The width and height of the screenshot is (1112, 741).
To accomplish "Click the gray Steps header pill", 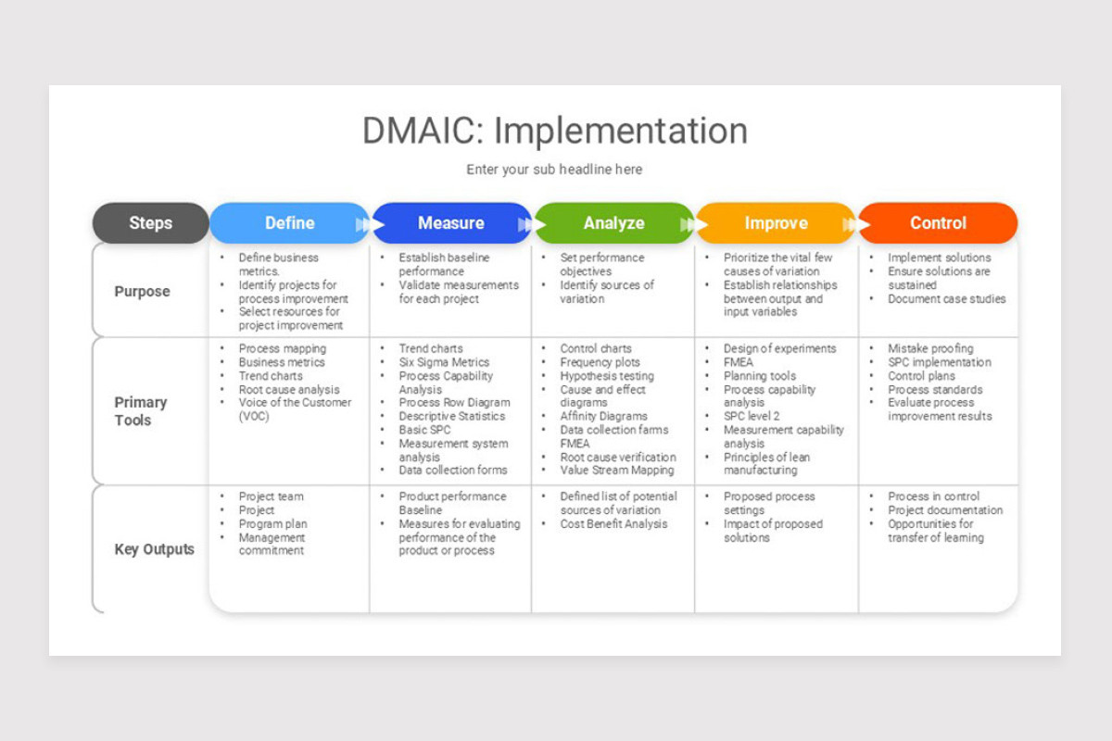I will (150, 223).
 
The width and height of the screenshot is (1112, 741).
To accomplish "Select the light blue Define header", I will (289, 223).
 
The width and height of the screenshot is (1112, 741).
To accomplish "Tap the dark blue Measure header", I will (450, 223).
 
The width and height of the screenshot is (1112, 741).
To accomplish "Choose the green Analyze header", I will (613, 223).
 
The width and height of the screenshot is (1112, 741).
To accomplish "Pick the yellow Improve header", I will (776, 223).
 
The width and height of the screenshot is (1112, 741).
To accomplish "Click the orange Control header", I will (938, 223).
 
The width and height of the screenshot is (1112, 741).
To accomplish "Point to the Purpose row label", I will (142, 291).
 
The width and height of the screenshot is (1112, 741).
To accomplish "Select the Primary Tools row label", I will (141, 411).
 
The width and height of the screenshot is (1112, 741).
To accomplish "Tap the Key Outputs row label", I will (154, 549).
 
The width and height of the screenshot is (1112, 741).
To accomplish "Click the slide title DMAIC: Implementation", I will (554, 131).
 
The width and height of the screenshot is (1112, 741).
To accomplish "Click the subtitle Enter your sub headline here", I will (554, 170).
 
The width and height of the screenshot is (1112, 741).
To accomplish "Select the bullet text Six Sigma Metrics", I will (444, 362).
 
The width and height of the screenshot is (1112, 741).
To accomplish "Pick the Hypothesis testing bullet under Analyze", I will (606, 376).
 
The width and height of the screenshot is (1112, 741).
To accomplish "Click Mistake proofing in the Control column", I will (930, 348).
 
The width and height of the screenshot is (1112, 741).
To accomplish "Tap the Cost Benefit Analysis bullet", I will (613, 523).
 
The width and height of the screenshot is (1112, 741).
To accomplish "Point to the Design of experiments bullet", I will (779, 348).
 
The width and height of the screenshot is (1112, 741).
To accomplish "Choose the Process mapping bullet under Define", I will (282, 348).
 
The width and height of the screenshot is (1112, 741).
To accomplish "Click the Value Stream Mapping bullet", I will (617, 471).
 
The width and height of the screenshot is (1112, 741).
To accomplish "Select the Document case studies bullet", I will (946, 299).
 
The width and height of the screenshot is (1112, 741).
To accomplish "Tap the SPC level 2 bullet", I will (752, 417).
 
